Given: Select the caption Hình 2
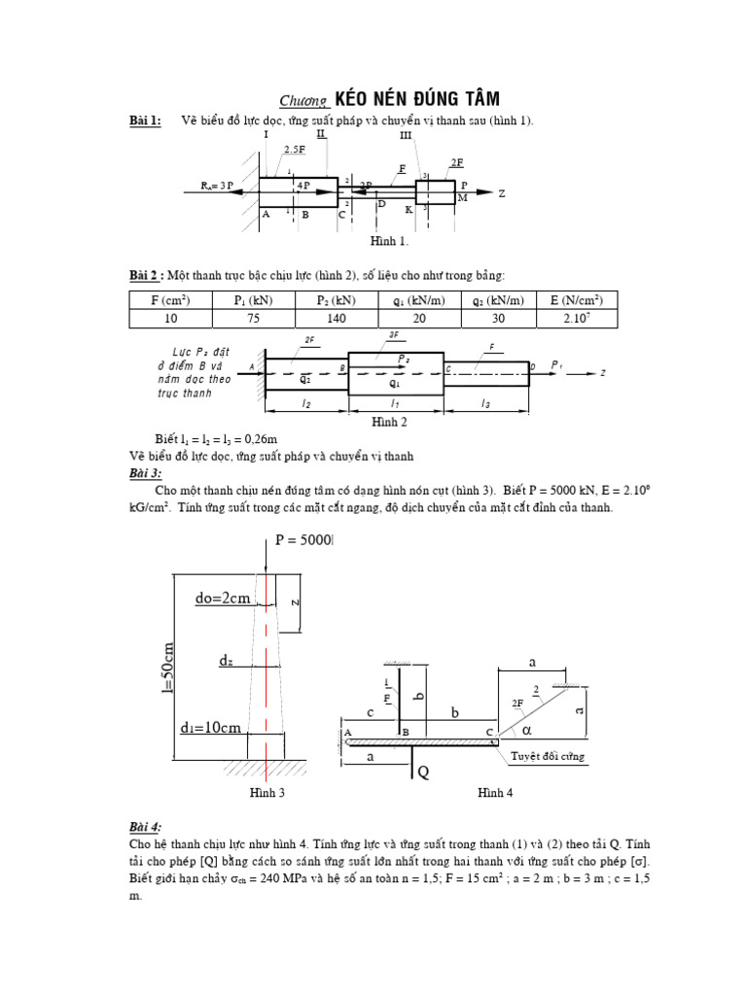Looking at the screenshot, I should [389, 422].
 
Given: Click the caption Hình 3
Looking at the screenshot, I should [267, 794].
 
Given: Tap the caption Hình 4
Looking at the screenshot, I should [494, 794].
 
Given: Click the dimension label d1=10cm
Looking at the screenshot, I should [211, 728].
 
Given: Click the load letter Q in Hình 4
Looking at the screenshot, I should [422, 772].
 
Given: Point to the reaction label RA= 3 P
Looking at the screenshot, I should [217, 185].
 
